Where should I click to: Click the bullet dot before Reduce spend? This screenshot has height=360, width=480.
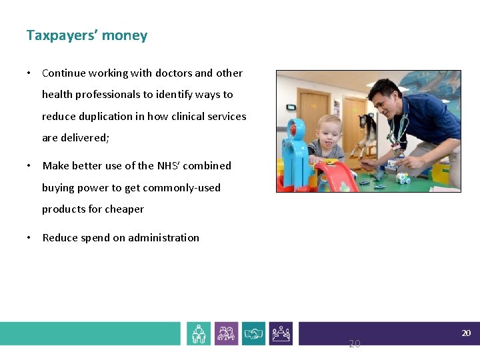click(30, 238)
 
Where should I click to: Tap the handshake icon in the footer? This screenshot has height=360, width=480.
click(253, 333)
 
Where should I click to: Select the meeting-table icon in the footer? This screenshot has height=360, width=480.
click(281, 333)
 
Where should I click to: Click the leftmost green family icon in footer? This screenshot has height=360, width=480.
click(199, 333)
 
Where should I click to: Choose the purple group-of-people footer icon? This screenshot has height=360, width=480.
click(226, 333)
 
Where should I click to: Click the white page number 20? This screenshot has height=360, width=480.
click(466, 333)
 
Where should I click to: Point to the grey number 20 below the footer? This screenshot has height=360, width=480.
click(354, 344)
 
